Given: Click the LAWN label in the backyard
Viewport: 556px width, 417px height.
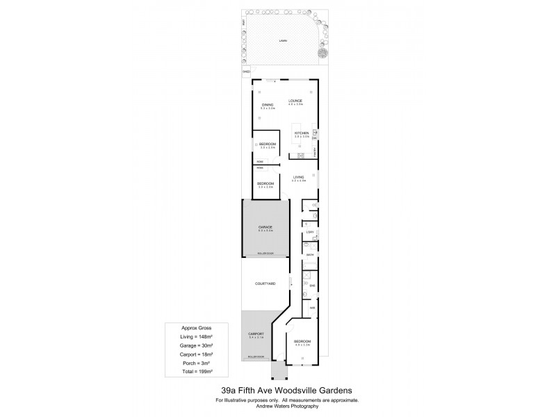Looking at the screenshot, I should pos(283,41).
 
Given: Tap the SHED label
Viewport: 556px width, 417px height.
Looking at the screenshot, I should pos(246,72).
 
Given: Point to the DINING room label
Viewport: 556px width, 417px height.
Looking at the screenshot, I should pos(268,106).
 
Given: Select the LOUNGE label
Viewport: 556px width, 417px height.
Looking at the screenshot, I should pos(296,101).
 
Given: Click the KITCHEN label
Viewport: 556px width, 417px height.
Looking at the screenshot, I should pos(301,133).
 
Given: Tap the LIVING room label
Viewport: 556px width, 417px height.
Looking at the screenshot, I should pos(299,177).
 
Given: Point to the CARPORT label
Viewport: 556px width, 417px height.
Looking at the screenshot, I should pos(256,335).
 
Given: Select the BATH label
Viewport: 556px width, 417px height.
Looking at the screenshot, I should pos(310,256).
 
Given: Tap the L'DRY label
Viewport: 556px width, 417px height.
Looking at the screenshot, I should pos(310,231).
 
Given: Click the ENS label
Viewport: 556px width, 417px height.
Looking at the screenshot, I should pos(312,286).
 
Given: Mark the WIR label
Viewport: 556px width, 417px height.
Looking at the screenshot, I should pos(313,308).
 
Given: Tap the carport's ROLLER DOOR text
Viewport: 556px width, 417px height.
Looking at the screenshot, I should pos(256,357).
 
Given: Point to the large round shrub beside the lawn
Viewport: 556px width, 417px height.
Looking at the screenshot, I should pos(323,53).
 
